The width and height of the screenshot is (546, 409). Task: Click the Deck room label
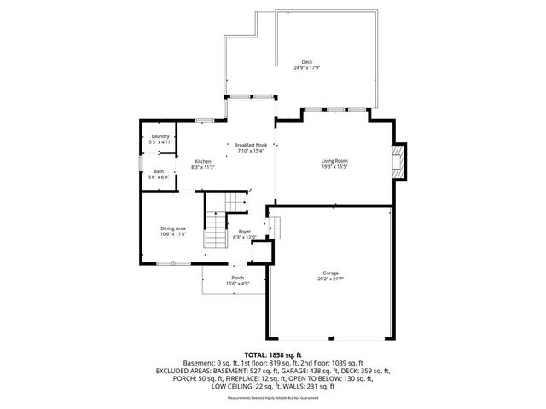307,62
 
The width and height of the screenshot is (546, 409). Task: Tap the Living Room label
334,161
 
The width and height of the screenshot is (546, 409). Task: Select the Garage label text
330,273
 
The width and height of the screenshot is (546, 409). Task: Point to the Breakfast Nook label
251,146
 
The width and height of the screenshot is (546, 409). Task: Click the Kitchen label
203,161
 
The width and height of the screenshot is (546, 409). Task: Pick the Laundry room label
160,136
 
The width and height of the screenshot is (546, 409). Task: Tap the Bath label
159,171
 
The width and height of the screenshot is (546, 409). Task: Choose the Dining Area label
173,228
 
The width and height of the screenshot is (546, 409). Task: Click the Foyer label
244,232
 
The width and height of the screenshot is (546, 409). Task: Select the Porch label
237,278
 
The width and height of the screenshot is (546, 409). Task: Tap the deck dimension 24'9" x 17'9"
307,68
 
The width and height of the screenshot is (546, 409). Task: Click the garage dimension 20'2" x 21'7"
330,279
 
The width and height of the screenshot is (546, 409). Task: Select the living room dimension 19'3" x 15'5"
334,167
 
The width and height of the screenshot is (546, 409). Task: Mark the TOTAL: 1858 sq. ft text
273,354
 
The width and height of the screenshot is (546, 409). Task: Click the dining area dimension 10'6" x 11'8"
173,233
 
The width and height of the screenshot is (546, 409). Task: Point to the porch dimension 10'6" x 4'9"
237,284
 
